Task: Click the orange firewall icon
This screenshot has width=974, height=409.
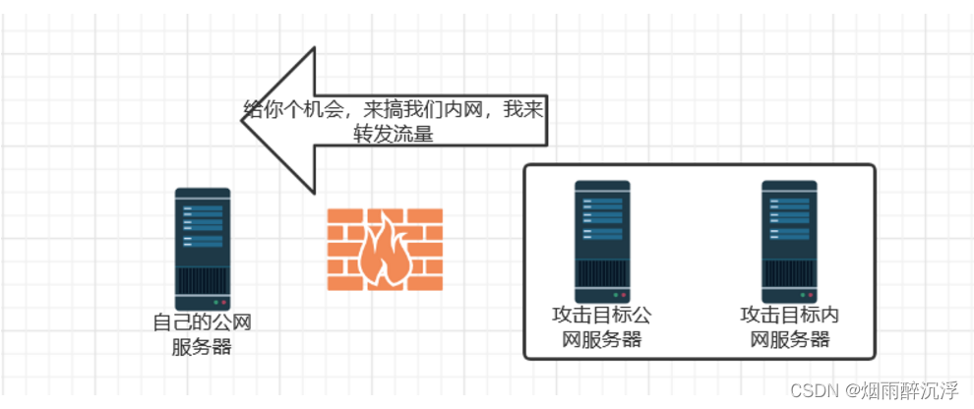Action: [x=385, y=250]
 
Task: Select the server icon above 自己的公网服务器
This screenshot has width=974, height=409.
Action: [x=203, y=249]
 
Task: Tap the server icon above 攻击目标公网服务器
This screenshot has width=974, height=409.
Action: [x=602, y=241]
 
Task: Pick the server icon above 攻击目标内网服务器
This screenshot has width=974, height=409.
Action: [x=789, y=241]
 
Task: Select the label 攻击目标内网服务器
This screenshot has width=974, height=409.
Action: [x=789, y=327]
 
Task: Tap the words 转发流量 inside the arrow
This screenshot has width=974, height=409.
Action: [x=394, y=135]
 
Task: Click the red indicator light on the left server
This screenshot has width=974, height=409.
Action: [x=223, y=302]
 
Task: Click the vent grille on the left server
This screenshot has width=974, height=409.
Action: [x=203, y=280]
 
